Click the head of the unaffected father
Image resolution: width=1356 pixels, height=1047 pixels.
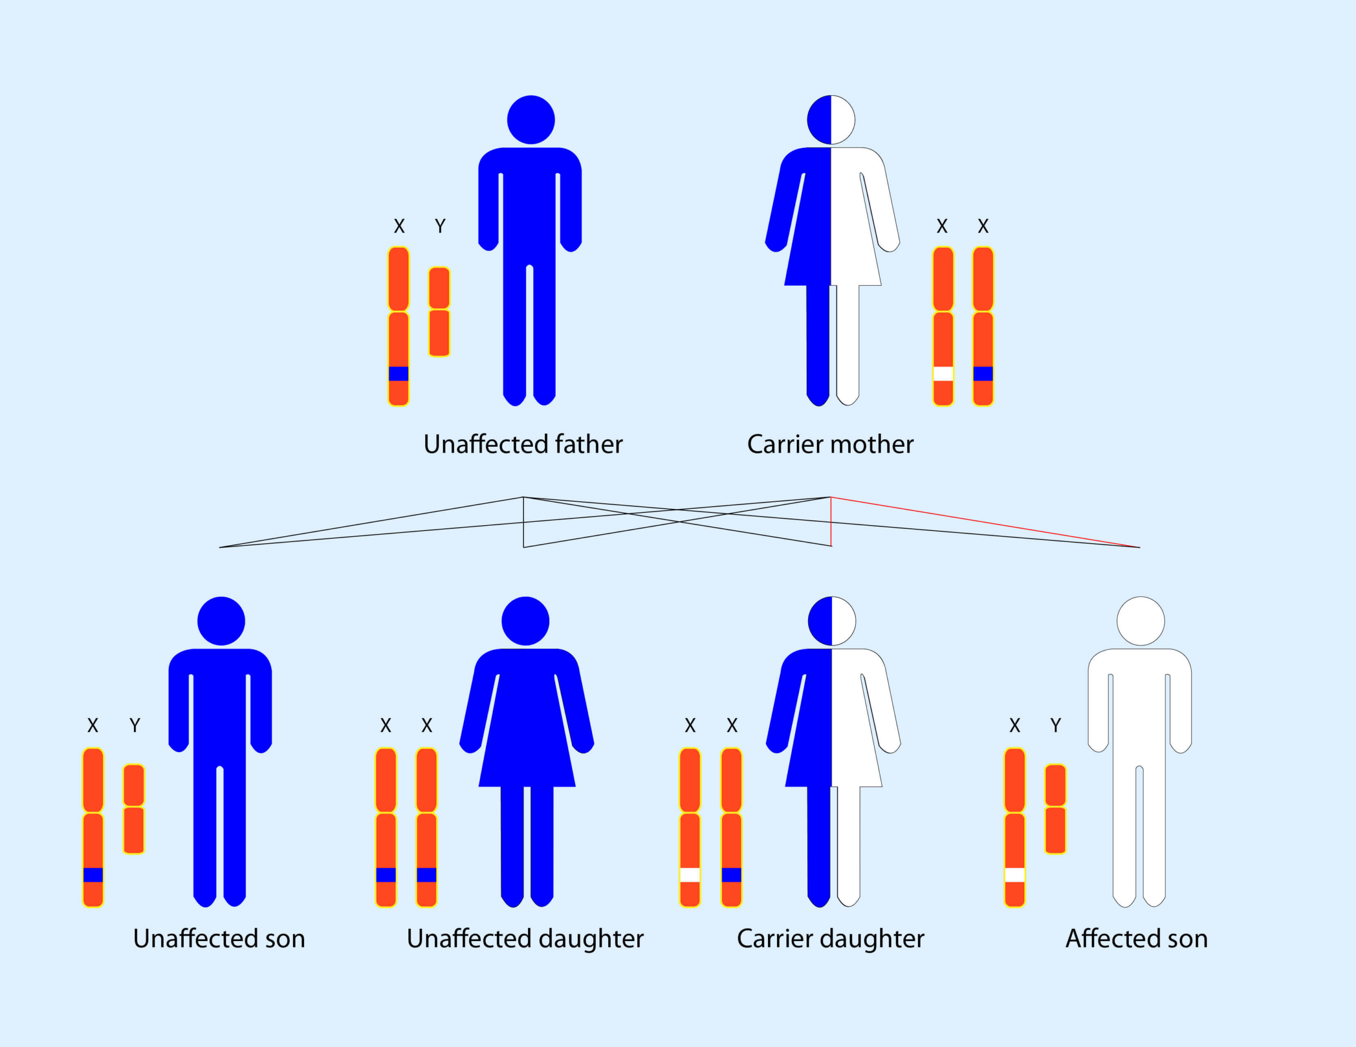(x=531, y=120)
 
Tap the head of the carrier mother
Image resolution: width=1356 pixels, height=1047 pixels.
(x=831, y=120)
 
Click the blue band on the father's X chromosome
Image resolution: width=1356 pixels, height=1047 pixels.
(x=399, y=374)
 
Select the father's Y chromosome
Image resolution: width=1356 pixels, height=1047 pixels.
(x=439, y=312)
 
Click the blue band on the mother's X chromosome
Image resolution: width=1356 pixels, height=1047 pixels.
(x=983, y=374)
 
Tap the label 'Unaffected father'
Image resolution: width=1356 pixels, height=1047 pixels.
(x=523, y=445)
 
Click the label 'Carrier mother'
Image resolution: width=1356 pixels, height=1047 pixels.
(x=830, y=445)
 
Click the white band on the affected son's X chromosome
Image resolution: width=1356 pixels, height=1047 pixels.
(x=1014, y=875)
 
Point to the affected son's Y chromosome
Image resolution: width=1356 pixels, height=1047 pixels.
(x=1056, y=809)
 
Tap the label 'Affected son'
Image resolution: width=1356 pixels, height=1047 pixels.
(x=1137, y=938)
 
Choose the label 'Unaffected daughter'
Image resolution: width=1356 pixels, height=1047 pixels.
(x=525, y=938)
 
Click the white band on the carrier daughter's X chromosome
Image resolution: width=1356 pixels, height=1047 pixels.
(x=690, y=875)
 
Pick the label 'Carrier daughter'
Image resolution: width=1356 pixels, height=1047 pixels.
(x=830, y=938)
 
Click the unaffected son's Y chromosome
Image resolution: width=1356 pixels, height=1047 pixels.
(x=133, y=809)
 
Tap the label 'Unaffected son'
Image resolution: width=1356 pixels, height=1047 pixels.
(x=219, y=938)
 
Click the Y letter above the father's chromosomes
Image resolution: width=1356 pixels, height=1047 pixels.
(x=440, y=226)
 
